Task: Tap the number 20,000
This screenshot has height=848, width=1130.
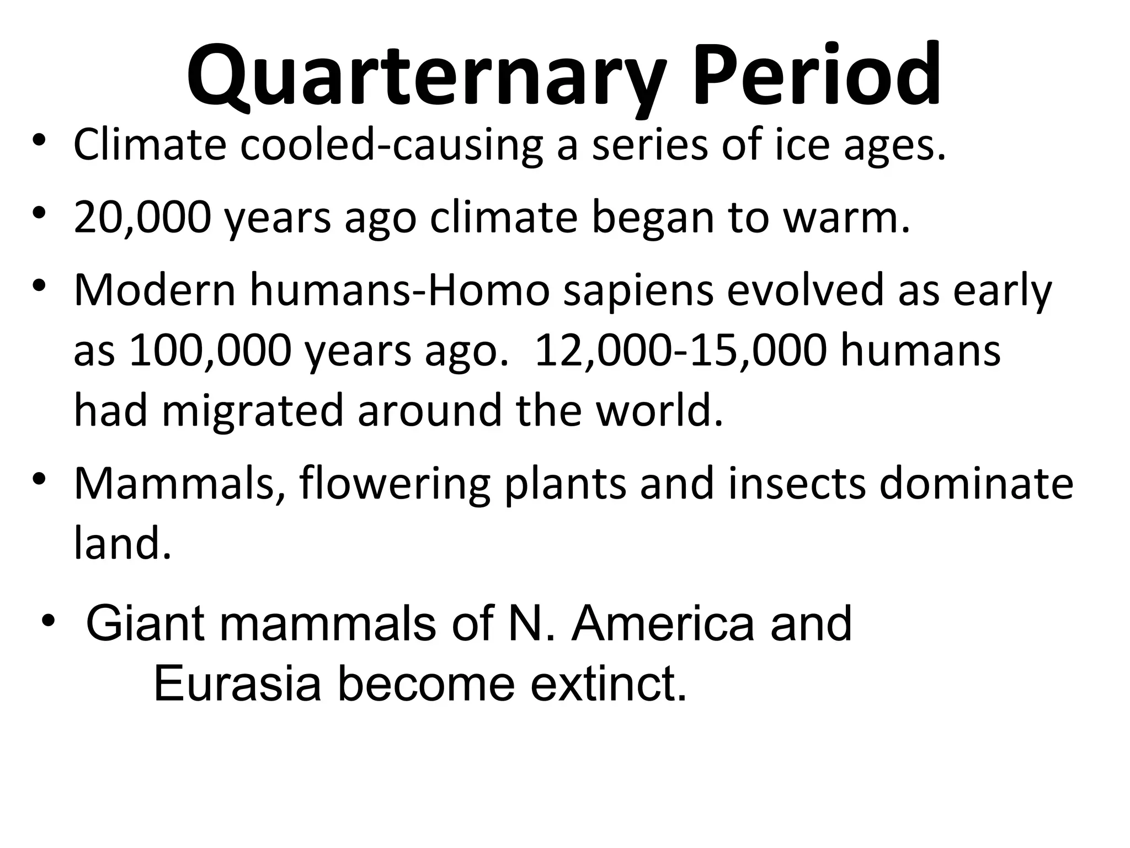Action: tap(142, 218)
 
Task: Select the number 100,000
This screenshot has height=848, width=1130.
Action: tap(210, 351)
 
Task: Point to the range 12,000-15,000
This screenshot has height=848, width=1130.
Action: tap(681, 351)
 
